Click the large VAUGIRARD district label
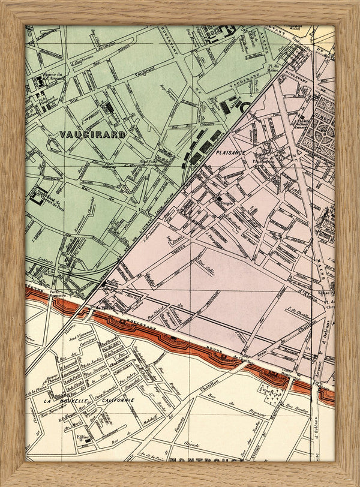click(92, 134)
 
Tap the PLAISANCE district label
click(229, 153)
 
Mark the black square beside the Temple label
click(220, 200)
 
